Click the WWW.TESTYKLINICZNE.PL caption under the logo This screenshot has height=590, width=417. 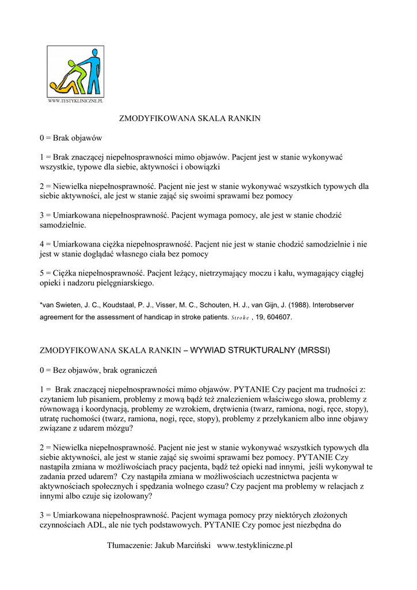click(x=75, y=101)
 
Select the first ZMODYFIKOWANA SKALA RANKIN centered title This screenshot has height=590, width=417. click(x=189, y=119)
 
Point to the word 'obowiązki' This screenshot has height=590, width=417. click(x=204, y=167)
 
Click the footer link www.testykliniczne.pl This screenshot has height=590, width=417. click(x=255, y=546)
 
